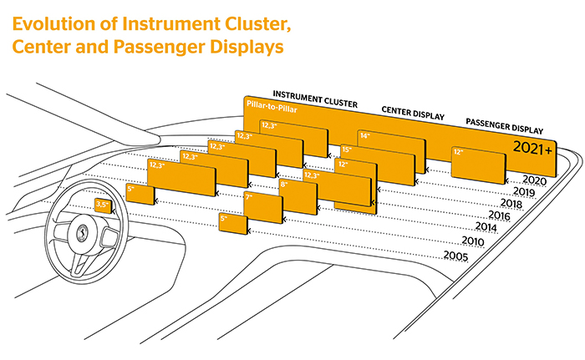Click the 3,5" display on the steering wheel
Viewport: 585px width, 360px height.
tap(103, 205)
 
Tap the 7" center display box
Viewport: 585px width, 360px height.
tap(263, 207)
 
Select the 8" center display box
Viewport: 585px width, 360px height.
tap(298, 196)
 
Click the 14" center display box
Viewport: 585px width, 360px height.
tap(391, 151)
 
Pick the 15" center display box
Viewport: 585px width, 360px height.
tap(378, 165)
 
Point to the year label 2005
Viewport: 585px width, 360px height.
tap(455, 256)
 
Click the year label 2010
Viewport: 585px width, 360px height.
tap(473, 241)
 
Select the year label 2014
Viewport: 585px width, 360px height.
tap(486, 226)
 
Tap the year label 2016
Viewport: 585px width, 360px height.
tap(499, 215)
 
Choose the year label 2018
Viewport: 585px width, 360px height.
tap(511, 203)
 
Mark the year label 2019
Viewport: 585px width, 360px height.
tap(524, 191)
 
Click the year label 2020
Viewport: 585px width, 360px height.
tap(535, 180)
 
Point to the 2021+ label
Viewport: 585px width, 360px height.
tap(532, 148)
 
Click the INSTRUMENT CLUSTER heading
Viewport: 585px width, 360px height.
tap(315, 99)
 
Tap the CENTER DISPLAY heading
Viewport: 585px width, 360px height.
tap(413, 113)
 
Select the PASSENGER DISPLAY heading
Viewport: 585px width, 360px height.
tap(505, 126)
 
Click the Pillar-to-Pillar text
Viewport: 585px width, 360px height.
tap(272, 107)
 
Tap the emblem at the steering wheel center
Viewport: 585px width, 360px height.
tap(81, 234)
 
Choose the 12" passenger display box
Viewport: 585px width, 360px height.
tap(478, 165)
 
